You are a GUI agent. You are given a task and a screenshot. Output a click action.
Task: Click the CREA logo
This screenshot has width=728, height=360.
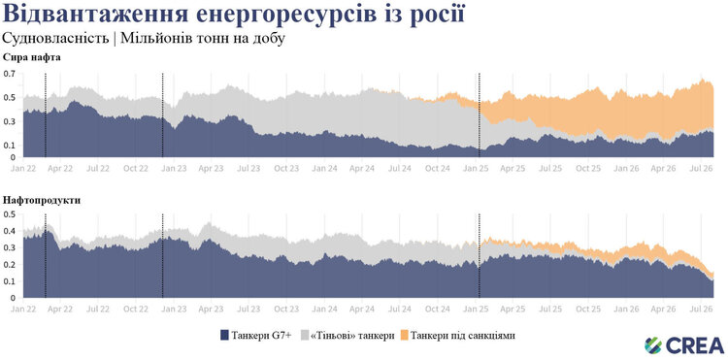click(684, 345)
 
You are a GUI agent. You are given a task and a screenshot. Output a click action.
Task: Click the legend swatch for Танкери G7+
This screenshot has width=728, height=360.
click(225, 335)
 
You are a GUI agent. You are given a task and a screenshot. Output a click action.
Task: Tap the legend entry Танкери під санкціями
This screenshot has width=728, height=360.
click(458, 335)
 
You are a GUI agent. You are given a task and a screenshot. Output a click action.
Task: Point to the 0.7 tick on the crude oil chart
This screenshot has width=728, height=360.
click(10, 74)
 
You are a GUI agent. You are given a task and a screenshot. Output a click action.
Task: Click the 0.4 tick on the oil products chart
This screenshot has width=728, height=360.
click(10, 231)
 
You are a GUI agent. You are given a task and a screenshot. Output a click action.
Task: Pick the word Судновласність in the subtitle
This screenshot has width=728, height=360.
click(55, 39)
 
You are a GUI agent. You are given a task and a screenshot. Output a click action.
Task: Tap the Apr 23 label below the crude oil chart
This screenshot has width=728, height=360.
click(211, 169)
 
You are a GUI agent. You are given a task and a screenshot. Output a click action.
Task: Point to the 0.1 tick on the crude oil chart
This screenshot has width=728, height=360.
click(10, 146)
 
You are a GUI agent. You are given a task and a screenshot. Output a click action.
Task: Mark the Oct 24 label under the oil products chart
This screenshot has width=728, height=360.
click(438, 309)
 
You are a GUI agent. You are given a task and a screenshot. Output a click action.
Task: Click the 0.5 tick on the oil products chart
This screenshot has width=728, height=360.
click(10, 214)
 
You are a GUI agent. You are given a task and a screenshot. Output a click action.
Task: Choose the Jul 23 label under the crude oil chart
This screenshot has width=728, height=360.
click(248, 169)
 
